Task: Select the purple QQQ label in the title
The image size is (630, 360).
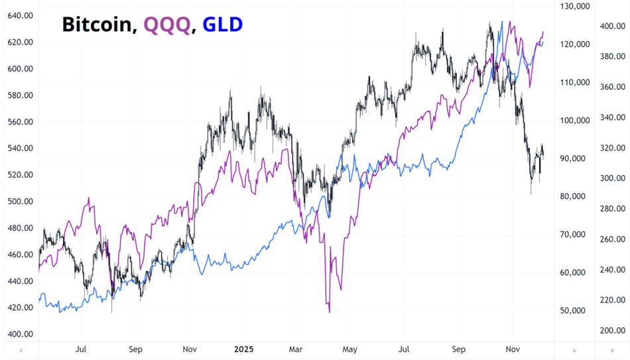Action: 166,25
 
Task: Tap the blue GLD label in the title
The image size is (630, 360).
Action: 222,25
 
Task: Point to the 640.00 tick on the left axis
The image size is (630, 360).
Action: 20,15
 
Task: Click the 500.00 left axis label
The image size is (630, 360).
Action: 20,201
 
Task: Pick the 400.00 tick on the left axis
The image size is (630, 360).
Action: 20,333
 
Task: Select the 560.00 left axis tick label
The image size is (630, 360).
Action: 20,121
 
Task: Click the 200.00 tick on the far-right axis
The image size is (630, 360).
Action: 612,330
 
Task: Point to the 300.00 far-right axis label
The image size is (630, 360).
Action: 612,178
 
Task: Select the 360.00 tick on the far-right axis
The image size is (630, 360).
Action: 612,87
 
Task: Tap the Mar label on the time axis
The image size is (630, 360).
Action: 296,348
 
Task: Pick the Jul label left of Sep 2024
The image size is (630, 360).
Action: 81,348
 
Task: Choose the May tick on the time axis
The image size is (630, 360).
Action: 349,348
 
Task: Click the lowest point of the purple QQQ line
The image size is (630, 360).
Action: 329,312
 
